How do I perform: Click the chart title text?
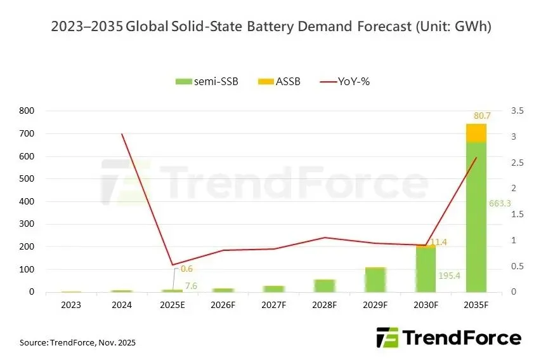pos(270,26)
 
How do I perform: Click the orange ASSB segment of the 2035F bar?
pos(476,132)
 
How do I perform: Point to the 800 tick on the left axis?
pos(27,111)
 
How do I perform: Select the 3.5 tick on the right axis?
pos(517,111)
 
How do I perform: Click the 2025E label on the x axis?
pos(173,305)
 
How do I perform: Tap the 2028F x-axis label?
pos(324,305)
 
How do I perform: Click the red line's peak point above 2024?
pos(122,134)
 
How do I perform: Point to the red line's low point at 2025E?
pos(173,265)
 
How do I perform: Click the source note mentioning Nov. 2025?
pos(77,343)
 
